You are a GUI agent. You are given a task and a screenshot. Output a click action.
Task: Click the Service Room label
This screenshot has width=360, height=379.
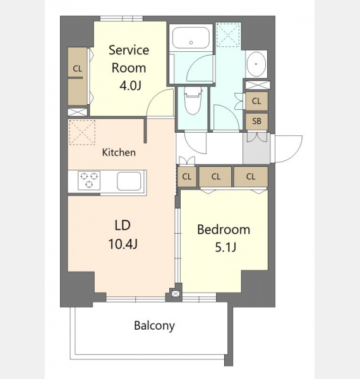coord(129,59)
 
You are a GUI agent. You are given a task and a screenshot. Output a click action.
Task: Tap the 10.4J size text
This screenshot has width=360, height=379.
coord(123,244)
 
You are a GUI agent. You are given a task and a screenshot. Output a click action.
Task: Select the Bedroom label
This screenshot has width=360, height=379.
coord(224,229)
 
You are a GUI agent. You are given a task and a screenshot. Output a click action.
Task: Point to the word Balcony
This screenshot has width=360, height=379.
coord(154,325)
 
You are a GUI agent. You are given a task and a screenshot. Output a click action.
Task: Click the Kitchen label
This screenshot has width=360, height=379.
coord(119,152)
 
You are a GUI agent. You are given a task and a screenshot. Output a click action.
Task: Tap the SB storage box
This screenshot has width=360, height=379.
coord(256,121)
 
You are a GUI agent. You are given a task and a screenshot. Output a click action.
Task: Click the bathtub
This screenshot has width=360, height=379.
coord(191,37)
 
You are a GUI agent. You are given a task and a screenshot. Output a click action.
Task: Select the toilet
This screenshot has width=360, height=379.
coord(193,100)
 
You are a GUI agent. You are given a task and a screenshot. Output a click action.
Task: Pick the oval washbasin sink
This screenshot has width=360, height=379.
coord(256,64)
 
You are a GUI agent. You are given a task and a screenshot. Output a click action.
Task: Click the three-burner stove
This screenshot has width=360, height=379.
coord(89,180)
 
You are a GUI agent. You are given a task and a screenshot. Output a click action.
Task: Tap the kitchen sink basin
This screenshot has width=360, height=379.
coord(129,181)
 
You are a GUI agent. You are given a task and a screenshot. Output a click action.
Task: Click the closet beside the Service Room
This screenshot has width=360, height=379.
coord(78,76)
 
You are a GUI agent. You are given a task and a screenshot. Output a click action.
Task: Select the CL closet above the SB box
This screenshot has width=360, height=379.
coord(256,101)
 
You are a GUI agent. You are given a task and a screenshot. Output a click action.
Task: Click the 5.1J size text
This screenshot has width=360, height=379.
coord(225,247)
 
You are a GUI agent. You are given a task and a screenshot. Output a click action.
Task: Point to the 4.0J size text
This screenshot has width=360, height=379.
coord(130,85)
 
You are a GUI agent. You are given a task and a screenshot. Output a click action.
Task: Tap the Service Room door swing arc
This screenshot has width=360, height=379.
coord(154,97)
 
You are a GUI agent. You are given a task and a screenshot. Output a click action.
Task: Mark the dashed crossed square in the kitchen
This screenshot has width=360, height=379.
coord(82,132)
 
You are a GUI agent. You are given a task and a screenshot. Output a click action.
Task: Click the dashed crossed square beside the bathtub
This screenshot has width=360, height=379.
coord(228,35)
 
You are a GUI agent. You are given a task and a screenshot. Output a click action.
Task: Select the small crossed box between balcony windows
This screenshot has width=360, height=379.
coord(176,294)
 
